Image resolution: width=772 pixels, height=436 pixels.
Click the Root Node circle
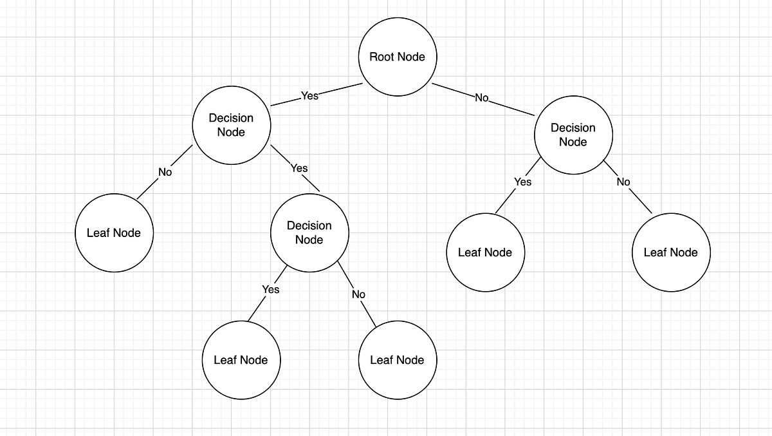(x=397, y=57)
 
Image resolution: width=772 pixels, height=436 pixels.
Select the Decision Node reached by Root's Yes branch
(x=231, y=125)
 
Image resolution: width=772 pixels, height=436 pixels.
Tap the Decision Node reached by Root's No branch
(x=573, y=135)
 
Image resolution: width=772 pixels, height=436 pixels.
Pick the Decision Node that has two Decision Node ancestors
(x=309, y=232)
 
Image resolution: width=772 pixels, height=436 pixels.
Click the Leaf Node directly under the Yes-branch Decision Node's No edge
(x=114, y=233)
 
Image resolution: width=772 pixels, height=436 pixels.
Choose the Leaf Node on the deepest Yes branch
(x=241, y=360)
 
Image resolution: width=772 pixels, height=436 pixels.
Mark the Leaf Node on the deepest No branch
(x=397, y=360)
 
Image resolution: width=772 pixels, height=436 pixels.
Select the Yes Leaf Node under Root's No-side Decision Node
(x=485, y=252)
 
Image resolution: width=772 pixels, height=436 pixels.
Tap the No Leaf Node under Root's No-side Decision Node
(x=670, y=252)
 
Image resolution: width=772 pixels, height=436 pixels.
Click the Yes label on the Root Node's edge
(x=309, y=96)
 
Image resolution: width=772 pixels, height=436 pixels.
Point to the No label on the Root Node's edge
(x=482, y=98)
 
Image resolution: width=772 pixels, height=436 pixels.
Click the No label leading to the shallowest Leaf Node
(x=165, y=172)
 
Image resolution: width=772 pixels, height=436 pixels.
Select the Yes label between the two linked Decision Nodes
(x=299, y=168)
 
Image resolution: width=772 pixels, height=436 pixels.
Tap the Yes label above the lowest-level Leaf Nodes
(x=271, y=289)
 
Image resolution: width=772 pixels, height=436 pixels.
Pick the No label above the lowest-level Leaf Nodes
(x=358, y=294)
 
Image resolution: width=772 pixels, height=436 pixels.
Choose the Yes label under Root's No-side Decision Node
(x=523, y=182)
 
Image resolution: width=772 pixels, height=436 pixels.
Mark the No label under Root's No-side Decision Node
(x=623, y=182)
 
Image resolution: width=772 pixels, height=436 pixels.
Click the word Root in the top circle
(x=381, y=57)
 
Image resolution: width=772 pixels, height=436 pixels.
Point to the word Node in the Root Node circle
(x=412, y=57)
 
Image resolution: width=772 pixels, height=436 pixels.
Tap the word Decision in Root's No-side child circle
(x=573, y=128)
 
